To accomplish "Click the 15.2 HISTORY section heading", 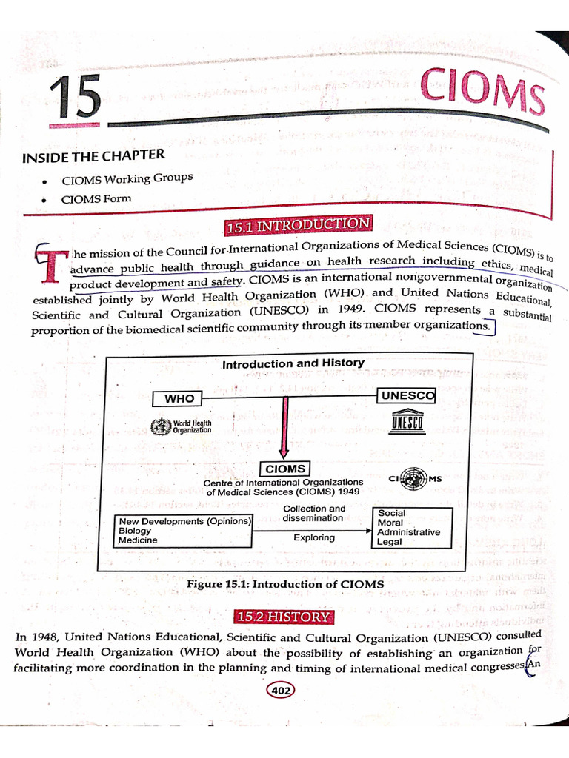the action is coord(282,617).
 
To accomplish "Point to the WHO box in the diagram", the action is coord(179,399).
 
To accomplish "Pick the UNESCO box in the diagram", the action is coord(407,396).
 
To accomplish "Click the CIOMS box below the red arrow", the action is coord(285,469).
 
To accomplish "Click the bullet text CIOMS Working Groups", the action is coord(127,179).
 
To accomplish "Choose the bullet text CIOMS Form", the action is coord(96,198).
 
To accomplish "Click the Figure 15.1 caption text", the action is coord(285,584).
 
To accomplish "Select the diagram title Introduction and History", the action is coord(293,363).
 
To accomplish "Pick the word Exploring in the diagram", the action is coord(313,537).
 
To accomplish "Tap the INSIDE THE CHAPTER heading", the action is coord(93,157).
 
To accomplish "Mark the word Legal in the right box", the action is coord(390,542).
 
